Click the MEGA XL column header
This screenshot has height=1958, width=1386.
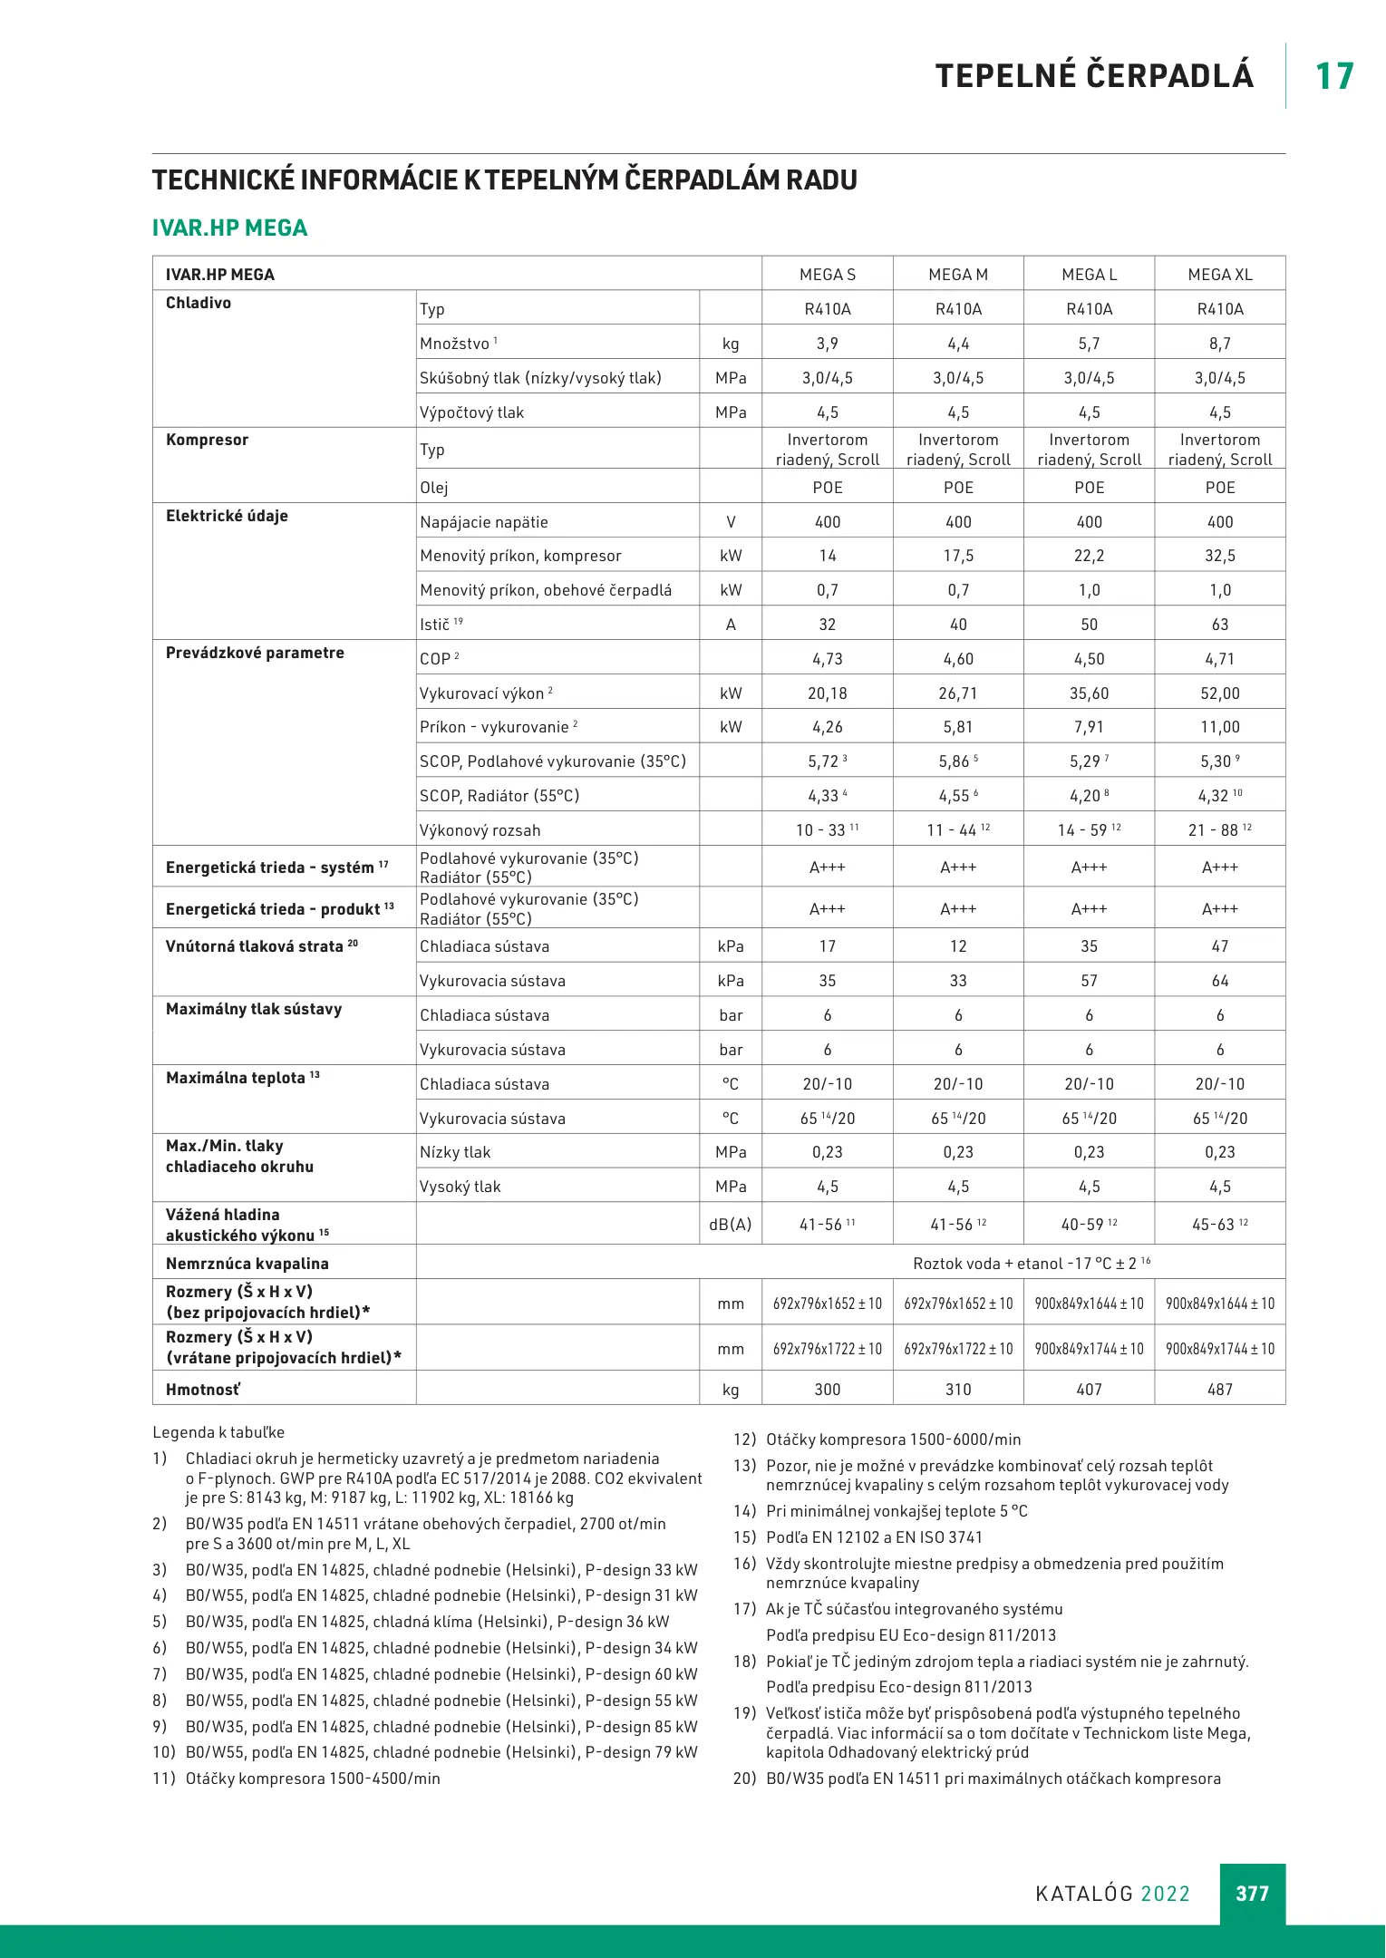pos(1219,275)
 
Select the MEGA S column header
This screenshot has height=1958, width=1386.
pos(827,275)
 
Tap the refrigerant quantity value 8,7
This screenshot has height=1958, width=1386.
pos(1219,344)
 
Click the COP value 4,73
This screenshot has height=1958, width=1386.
pos(827,659)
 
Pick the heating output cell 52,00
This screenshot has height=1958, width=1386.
pos(1219,693)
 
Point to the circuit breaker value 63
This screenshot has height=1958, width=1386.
pos(1219,625)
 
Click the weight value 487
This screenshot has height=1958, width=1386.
pos(1219,1390)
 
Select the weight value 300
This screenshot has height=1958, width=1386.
pos(827,1390)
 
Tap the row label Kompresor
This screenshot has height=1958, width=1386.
pos(207,440)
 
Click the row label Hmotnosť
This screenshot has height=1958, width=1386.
pos(202,1390)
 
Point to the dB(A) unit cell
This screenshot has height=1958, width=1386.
pos(730,1225)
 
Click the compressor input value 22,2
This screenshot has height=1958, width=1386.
pos(1089,556)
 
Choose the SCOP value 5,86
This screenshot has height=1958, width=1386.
pos(954,762)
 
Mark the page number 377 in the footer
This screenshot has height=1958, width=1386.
pos(1252,1894)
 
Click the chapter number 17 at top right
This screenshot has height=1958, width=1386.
pos(1333,76)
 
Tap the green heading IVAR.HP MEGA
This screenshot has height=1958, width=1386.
pos(229,228)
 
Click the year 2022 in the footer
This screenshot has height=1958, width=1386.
pos(1165,1894)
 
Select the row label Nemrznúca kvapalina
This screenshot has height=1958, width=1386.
pos(247,1264)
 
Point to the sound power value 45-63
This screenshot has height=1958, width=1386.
pos(1213,1225)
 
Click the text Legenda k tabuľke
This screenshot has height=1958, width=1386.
pos(218,1432)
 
